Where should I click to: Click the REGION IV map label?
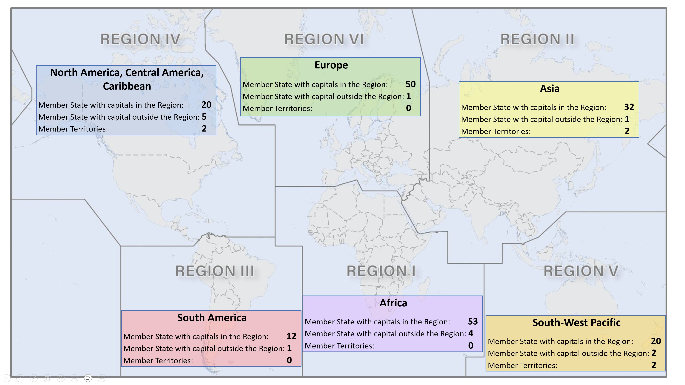pyautogui.click(x=140, y=39)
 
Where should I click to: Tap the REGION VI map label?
pyautogui.click(x=324, y=39)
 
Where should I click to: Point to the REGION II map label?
pyautogui.click(x=537, y=39)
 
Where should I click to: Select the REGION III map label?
pyautogui.click(x=215, y=271)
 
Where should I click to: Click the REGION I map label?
pyautogui.click(x=381, y=271)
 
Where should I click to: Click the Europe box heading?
pyautogui.click(x=331, y=65)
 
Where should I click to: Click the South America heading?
pyautogui.click(x=212, y=318)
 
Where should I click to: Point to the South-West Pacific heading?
pyautogui.click(x=576, y=323)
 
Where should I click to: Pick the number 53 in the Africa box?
pyautogui.click(x=473, y=322)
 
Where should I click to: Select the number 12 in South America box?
pyautogui.click(x=291, y=336)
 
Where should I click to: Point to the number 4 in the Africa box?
pyautogui.click(x=471, y=333)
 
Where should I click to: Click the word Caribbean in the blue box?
pyautogui.click(x=127, y=86)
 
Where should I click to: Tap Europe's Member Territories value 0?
pyautogui.click(x=409, y=108)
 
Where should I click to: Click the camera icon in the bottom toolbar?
pyautogui.click(x=88, y=378)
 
